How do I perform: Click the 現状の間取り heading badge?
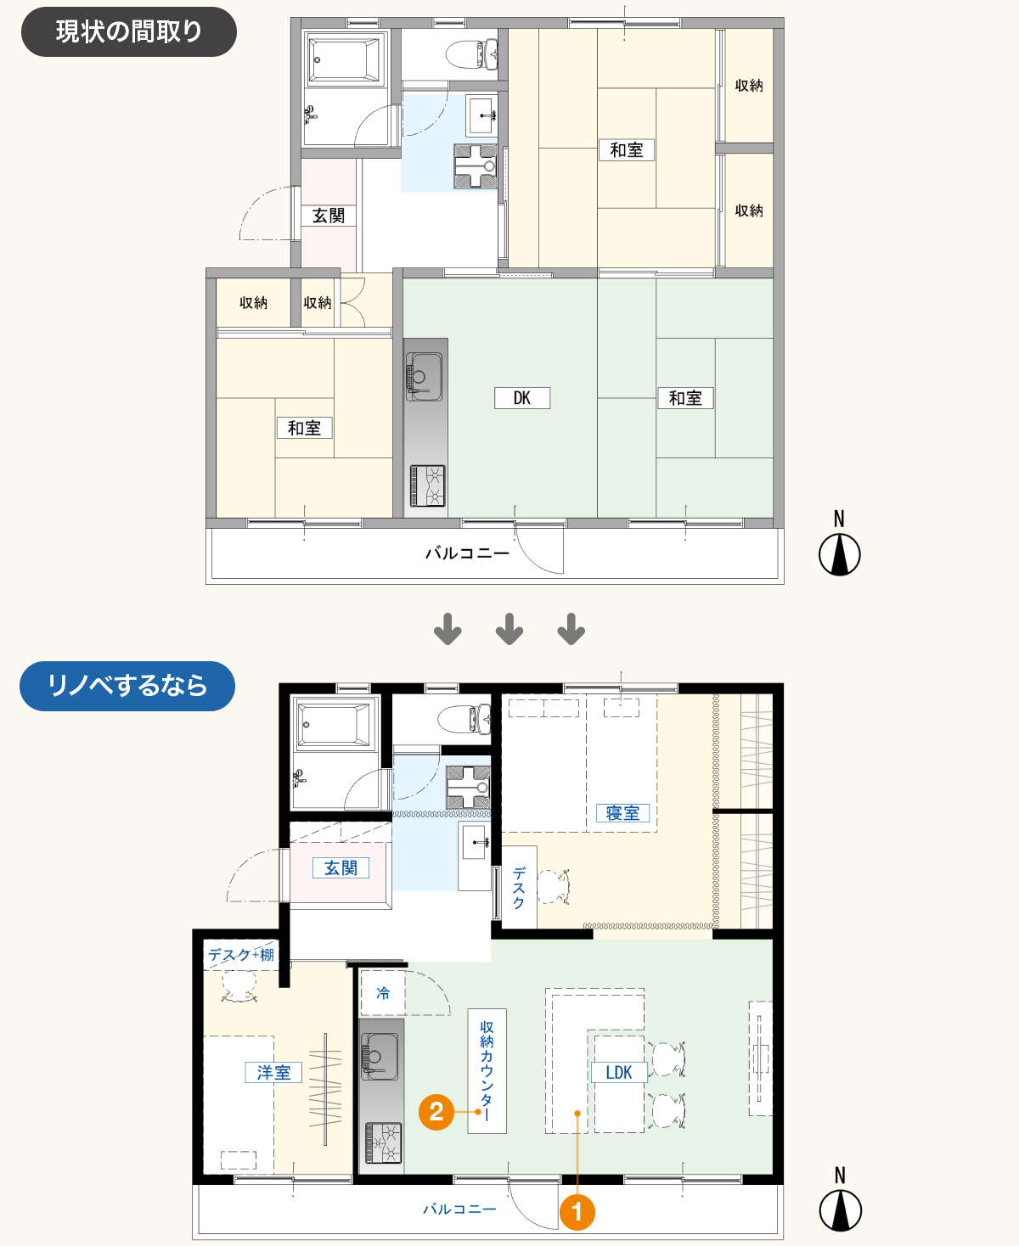click(129, 32)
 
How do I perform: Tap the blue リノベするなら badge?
click(127, 685)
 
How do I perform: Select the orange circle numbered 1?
click(577, 1212)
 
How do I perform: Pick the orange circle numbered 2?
click(436, 1112)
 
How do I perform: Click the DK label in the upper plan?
click(522, 397)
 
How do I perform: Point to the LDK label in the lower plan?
click(619, 1072)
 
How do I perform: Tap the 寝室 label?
click(622, 813)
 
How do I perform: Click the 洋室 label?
click(273, 1072)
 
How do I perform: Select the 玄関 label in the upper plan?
click(328, 216)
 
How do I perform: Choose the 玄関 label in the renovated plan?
click(341, 868)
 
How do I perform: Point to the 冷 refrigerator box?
click(383, 992)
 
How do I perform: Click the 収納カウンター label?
click(487, 1070)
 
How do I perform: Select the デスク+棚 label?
click(241, 955)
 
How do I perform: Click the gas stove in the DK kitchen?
click(427, 485)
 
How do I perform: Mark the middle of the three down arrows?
click(509, 629)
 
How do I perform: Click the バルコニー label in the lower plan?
click(459, 1209)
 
